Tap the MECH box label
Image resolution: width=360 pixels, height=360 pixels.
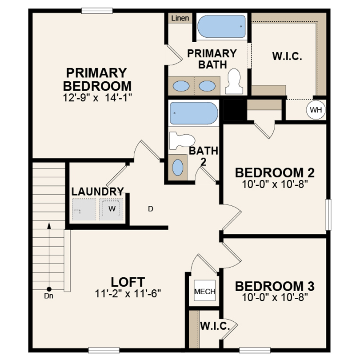[205, 292]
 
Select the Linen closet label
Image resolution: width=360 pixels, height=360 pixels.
[180, 18]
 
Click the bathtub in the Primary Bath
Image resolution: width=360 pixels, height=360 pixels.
[221, 27]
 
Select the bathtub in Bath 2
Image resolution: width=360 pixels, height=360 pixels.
[194, 113]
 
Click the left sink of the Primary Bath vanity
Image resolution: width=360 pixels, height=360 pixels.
[180, 86]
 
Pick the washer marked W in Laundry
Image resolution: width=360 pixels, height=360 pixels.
[112, 208]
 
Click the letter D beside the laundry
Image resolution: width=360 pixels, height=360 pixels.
[150, 208]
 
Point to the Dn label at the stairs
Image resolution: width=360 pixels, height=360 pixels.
[49, 296]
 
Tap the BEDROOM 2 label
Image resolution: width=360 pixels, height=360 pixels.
[275, 172]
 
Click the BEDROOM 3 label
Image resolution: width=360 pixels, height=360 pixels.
[275, 286]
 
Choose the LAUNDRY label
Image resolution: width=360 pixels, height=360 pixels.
[98, 192]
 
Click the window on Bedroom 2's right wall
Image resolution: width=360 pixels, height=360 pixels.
[328, 215]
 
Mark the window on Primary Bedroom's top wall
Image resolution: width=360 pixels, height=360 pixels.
[97, 11]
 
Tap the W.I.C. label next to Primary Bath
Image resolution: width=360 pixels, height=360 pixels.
[287, 56]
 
